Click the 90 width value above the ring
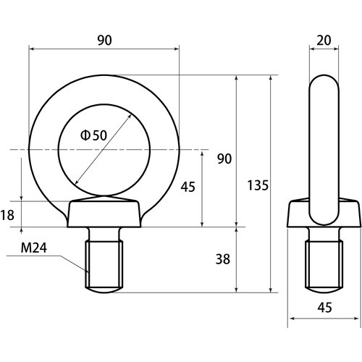click(104, 41)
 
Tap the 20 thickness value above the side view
click(324, 41)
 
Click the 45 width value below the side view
click(324, 307)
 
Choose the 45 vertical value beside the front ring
click(187, 187)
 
